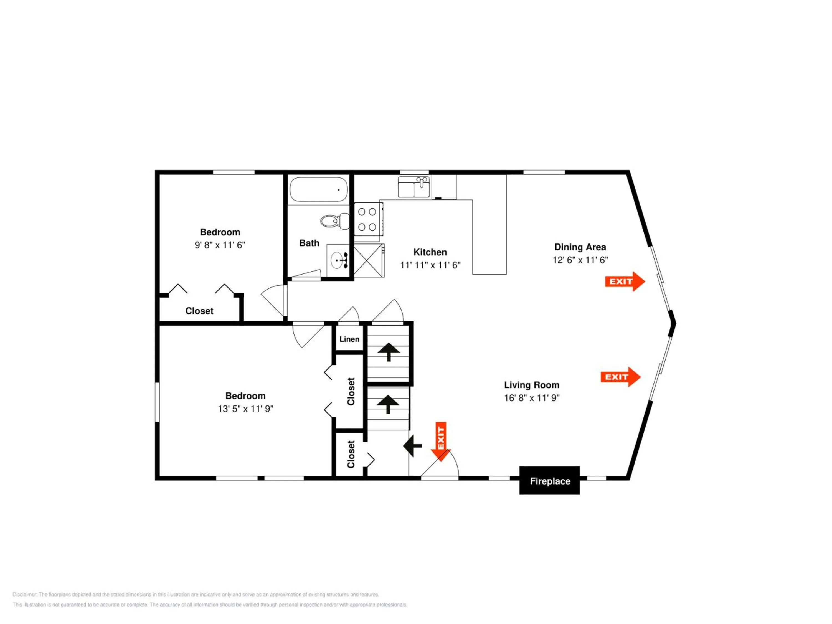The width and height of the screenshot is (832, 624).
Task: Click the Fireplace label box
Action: click(549, 481)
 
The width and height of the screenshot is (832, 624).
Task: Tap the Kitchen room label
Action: click(430, 252)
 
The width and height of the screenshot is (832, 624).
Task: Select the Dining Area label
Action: click(580, 247)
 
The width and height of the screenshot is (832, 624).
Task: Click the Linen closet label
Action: click(349, 339)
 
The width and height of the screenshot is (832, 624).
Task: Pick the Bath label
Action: click(309, 243)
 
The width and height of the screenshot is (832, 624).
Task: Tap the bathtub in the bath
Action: click(319, 190)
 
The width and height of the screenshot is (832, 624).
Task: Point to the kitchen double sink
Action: click(414, 187)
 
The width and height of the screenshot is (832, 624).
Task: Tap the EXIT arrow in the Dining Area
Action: click(625, 281)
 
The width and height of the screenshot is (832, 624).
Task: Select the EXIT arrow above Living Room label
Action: click(620, 377)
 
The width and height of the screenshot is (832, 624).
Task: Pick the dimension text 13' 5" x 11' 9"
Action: click(245, 409)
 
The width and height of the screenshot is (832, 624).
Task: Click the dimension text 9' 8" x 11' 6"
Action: click(220, 245)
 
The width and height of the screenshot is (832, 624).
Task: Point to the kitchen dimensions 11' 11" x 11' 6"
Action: click(430, 265)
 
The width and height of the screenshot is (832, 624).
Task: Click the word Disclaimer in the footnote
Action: click(24, 595)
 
